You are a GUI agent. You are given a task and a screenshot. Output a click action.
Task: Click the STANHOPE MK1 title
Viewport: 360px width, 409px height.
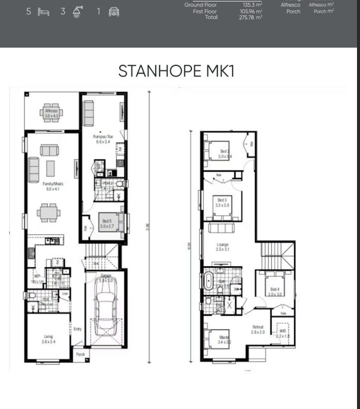pyautogui.click(x=176, y=71)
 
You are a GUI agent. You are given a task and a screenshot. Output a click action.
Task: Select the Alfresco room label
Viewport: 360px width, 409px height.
pyautogui.click(x=51, y=113)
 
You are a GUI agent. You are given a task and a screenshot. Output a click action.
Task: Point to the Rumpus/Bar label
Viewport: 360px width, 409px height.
pyautogui.click(x=101, y=138)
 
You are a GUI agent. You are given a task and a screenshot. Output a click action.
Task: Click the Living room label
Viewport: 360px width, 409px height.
pyautogui.click(x=48, y=339)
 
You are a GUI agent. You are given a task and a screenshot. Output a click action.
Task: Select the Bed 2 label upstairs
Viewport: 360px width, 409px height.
pyautogui.click(x=225, y=153)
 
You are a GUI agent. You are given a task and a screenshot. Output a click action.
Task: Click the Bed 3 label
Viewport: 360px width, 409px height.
pyautogui.click(x=222, y=203)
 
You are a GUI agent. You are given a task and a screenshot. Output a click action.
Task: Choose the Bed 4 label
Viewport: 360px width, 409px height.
pyautogui.click(x=275, y=292)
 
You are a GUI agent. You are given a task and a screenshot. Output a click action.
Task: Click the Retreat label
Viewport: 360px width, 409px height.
pyautogui.click(x=257, y=329)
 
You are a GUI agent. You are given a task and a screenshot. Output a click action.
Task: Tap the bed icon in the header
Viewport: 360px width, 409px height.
pyautogui.click(x=43, y=11)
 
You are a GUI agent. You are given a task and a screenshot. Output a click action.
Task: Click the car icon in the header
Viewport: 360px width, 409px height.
pyautogui.click(x=114, y=11)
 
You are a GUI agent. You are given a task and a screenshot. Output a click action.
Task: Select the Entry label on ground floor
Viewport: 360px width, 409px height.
pyautogui.click(x=78, y=329)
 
